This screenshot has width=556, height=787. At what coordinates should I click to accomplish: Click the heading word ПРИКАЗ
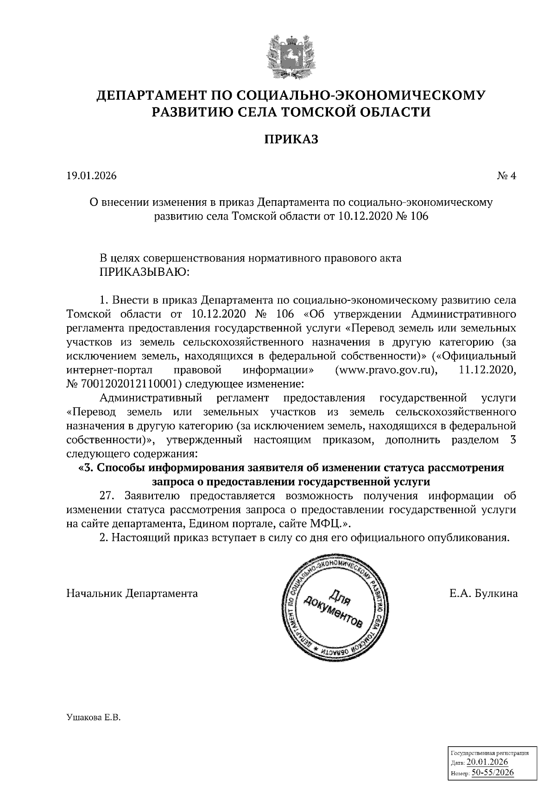point(291,139)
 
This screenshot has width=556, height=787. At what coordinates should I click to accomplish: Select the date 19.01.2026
point(92,176)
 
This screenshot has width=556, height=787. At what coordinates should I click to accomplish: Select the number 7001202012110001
point(128,384)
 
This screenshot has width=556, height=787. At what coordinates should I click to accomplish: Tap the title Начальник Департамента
point(133,593)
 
